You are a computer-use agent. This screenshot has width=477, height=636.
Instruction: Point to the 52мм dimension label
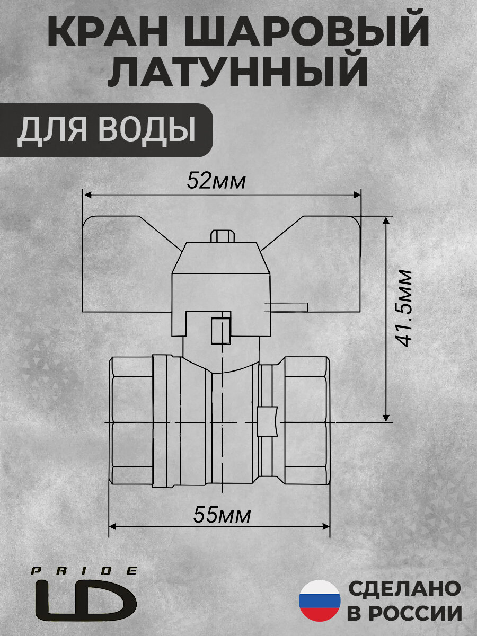pos(216,182)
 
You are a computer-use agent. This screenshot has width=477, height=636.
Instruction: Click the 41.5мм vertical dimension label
pos(405,308)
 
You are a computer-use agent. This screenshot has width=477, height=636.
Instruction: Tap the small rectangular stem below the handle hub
pos(220,329)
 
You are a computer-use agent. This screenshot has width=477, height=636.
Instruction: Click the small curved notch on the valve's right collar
pos(267,421)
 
